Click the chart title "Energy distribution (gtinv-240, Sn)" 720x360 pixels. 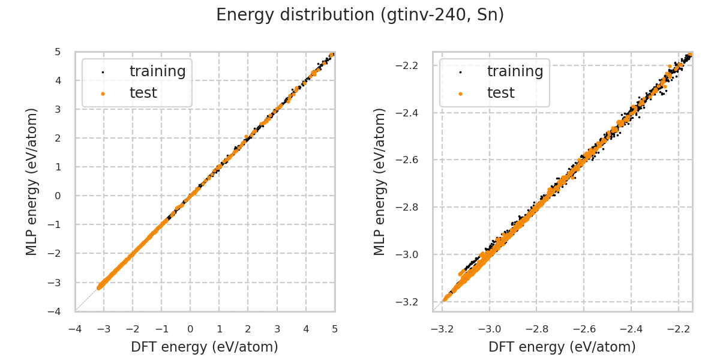tap(360, 15)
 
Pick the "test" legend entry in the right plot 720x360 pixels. tap(500, 93)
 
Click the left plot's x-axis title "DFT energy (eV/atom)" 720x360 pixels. tap(205, 347)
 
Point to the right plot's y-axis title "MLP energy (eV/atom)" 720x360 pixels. tap(380, 181)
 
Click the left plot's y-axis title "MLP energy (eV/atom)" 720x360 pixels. tap(32, 181)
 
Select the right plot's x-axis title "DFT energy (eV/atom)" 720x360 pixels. tap(562, 347)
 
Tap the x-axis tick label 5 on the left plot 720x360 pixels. tap(335, 329)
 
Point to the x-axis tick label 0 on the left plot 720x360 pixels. tap(190, 329)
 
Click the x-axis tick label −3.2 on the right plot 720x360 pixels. tap(442, 329)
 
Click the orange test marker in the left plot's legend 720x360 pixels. tap(103, 94)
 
